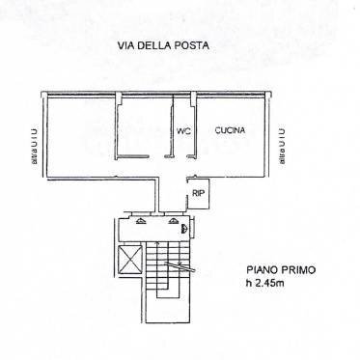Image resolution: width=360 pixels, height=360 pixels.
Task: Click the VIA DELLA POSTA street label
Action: [162, 45]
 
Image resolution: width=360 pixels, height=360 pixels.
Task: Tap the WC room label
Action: [181, 131]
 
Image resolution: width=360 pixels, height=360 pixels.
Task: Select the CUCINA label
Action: [230, 130]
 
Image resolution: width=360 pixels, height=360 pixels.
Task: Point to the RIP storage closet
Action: [198, 194]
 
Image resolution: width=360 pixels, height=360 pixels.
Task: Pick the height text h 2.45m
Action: [264, 284]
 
